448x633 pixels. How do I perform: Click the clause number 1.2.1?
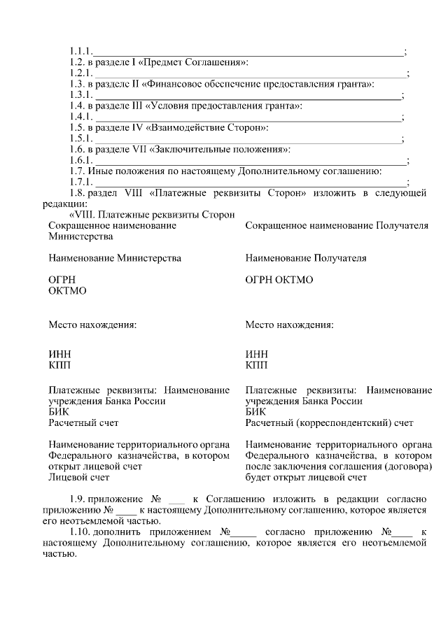80,73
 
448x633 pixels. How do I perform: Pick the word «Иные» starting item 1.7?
99,171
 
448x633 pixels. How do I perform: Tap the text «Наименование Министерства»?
115,258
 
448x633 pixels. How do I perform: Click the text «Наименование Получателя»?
306,258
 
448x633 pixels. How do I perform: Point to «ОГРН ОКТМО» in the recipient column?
279,280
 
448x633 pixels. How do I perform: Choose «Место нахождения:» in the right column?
289,325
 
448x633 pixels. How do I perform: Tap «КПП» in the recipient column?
256,365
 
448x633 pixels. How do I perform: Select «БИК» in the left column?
59,412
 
